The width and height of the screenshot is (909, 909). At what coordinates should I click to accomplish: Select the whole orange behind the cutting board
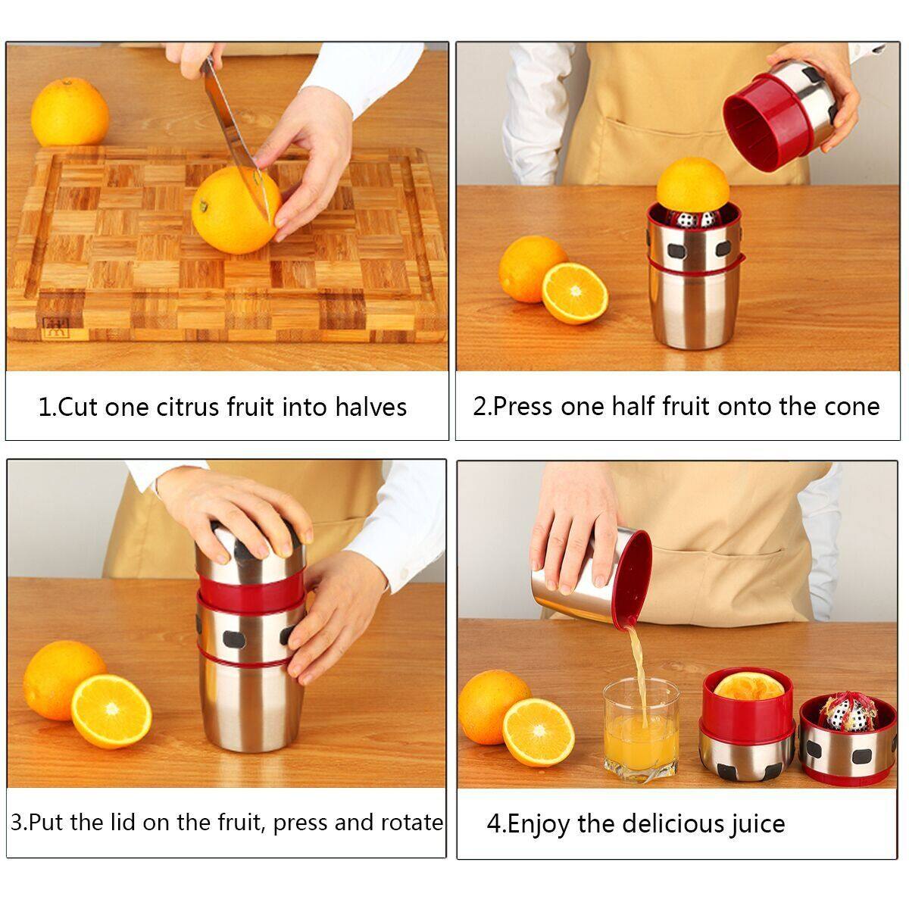pos(69,112)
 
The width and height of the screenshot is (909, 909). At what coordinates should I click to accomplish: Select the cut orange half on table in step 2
pos(575,293)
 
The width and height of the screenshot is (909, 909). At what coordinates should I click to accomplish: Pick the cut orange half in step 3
pos(111,711)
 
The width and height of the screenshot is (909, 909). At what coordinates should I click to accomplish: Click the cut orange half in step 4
pos(538,732)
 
